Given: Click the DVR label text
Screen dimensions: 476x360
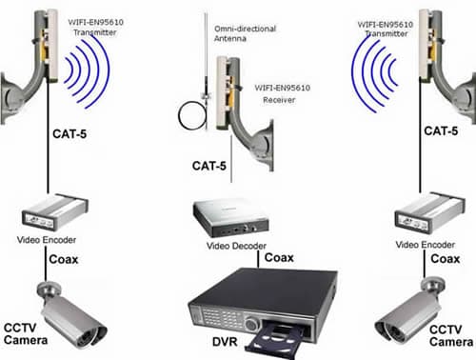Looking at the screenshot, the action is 225,342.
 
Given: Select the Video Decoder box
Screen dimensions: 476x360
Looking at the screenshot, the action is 230,217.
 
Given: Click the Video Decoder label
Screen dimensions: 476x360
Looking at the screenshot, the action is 236,246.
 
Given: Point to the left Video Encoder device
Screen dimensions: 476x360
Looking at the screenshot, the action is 54,212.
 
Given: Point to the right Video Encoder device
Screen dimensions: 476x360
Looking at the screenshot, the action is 429,212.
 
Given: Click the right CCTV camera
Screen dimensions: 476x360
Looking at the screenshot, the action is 410,312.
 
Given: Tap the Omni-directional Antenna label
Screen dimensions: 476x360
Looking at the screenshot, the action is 245,33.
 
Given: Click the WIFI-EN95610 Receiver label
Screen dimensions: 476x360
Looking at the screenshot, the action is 282,93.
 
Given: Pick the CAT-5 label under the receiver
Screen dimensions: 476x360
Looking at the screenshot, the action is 209,166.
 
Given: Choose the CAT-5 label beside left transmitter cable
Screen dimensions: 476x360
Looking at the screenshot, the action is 69,133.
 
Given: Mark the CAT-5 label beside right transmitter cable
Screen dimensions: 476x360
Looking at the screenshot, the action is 441,130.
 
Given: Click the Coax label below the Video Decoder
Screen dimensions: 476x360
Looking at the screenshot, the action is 279,257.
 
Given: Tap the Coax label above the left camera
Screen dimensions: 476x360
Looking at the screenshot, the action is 64,259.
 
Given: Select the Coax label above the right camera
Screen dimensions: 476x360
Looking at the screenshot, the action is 446,259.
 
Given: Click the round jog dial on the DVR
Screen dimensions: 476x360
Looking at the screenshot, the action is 251,325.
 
